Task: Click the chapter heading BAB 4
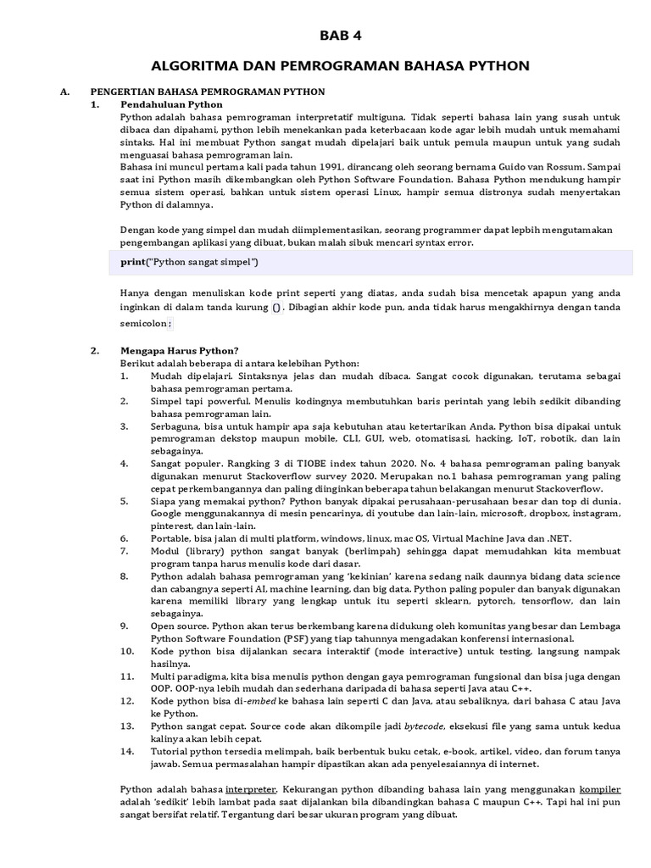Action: pos(340,35)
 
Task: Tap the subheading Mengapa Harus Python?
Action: pos(179,350)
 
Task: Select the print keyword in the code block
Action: pos(133,262)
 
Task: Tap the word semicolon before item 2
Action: pos(143,323)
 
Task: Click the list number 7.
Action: pos(124,551)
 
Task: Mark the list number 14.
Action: pos(126,752)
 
